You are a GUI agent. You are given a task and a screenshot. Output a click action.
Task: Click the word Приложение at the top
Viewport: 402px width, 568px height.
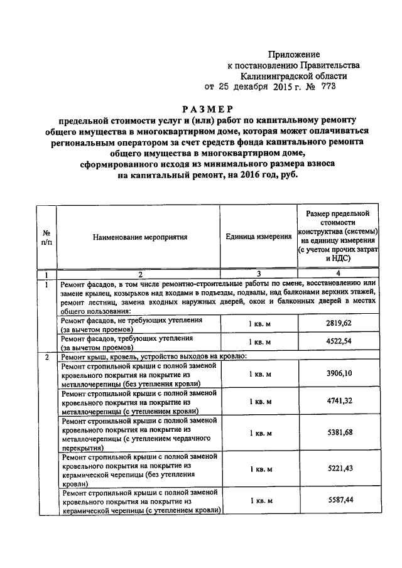coord(294,55)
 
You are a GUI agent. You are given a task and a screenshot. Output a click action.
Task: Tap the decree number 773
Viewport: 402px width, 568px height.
coord(329,87)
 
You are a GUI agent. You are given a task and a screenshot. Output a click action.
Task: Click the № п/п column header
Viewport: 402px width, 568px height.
coord(46,237)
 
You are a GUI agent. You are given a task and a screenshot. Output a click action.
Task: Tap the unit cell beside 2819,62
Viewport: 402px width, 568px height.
coord(259,324)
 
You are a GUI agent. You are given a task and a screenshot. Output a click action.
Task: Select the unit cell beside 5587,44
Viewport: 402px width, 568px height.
coord(259,501)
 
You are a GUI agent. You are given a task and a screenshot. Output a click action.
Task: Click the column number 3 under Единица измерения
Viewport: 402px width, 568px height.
coord(258,274)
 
